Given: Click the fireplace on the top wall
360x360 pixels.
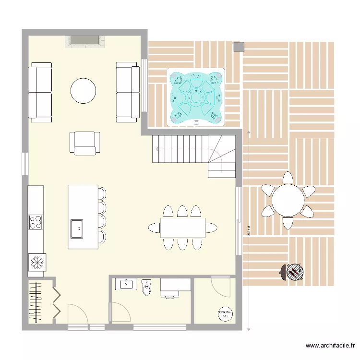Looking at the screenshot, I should tap(85, 41).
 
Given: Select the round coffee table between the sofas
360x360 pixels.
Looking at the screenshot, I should tap(84, 90).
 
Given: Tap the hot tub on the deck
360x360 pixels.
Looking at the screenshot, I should tap(196, 97).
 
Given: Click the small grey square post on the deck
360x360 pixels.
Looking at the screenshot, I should tap(239, 47).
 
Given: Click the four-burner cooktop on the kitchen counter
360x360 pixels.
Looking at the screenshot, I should tap(36, 222).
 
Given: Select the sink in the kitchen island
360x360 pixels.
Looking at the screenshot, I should tap(76, 228).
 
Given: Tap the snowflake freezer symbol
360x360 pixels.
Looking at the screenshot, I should tap(36, 263).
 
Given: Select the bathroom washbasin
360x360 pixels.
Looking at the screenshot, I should tap(126, 284).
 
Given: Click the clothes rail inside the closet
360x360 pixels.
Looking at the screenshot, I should tap(36, 302).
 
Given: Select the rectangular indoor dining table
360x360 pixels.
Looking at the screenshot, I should tap(182, 228).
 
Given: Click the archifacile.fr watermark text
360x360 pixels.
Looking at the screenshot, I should tap(331, 346).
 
